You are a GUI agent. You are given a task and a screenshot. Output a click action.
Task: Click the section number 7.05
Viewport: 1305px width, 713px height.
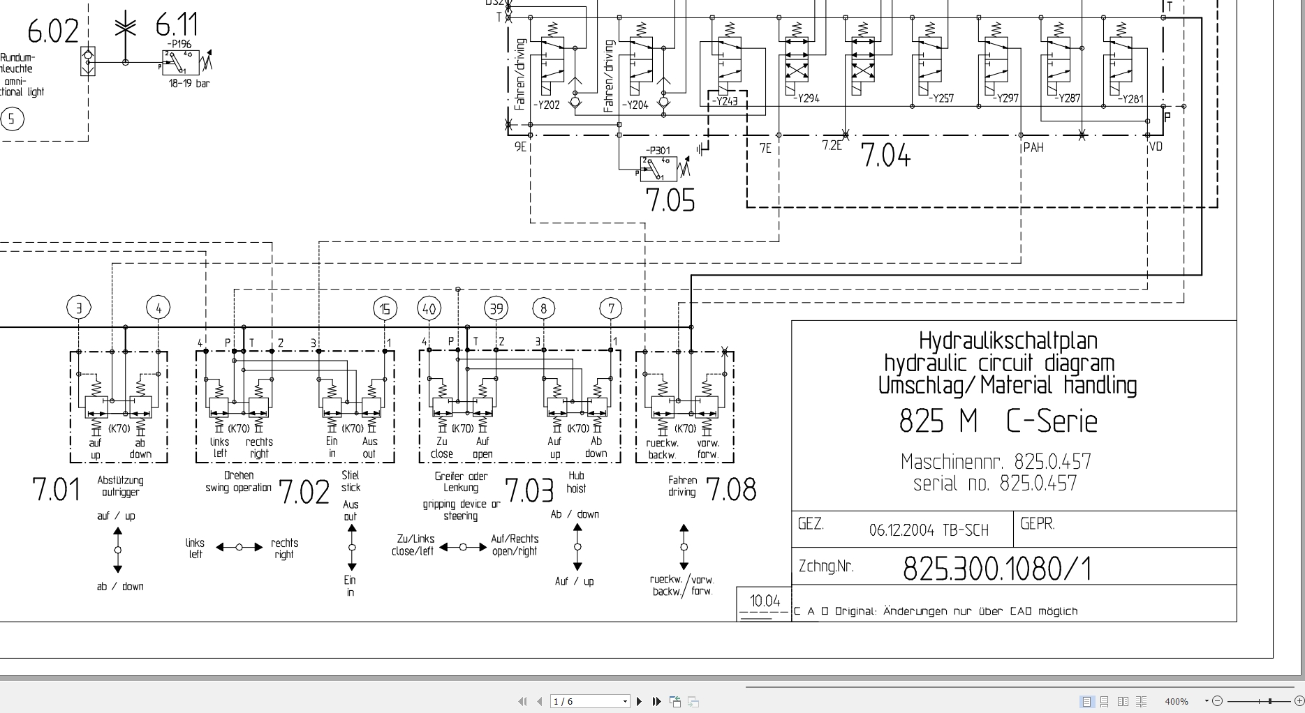coord(670,200)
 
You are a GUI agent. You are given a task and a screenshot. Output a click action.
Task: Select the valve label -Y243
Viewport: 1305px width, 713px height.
coord(724,102)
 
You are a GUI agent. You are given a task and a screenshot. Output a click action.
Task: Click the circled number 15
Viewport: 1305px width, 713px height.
coord(385,308)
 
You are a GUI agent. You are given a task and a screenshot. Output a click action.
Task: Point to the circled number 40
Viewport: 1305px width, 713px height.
coord(429,308)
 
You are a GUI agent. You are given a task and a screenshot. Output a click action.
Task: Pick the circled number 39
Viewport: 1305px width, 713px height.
coord(496,308)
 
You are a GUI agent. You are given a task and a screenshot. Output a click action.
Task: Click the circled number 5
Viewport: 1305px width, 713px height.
coord(11,119)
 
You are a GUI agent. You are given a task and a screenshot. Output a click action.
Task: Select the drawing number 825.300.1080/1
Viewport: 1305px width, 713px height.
coord(996,569)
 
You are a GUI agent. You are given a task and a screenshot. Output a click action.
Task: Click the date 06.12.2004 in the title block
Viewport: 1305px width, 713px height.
coord(901,530)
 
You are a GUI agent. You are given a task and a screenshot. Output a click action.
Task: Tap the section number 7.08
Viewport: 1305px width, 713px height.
coord(731,490)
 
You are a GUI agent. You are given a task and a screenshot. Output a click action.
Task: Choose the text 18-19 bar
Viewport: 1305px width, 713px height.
coord(189,84)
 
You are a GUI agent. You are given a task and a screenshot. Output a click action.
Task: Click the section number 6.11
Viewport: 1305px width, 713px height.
coord(176,26)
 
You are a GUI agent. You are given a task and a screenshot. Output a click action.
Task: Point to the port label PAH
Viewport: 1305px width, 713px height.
coord(1033,148)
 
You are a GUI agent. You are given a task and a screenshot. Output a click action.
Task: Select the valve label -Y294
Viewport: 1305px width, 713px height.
coord(806,99)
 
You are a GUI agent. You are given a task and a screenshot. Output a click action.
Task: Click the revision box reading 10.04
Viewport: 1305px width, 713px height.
coord(765,601)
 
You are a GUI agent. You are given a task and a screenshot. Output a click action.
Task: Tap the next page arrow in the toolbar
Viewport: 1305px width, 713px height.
coord(639,701)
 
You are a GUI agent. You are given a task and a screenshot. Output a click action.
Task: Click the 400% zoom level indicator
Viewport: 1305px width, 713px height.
coord(1177,701)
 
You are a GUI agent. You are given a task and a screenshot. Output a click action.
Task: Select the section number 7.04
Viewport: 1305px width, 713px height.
coord(885,155)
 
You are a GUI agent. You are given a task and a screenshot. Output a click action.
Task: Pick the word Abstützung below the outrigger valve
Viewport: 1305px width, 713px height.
coord(120,480)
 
